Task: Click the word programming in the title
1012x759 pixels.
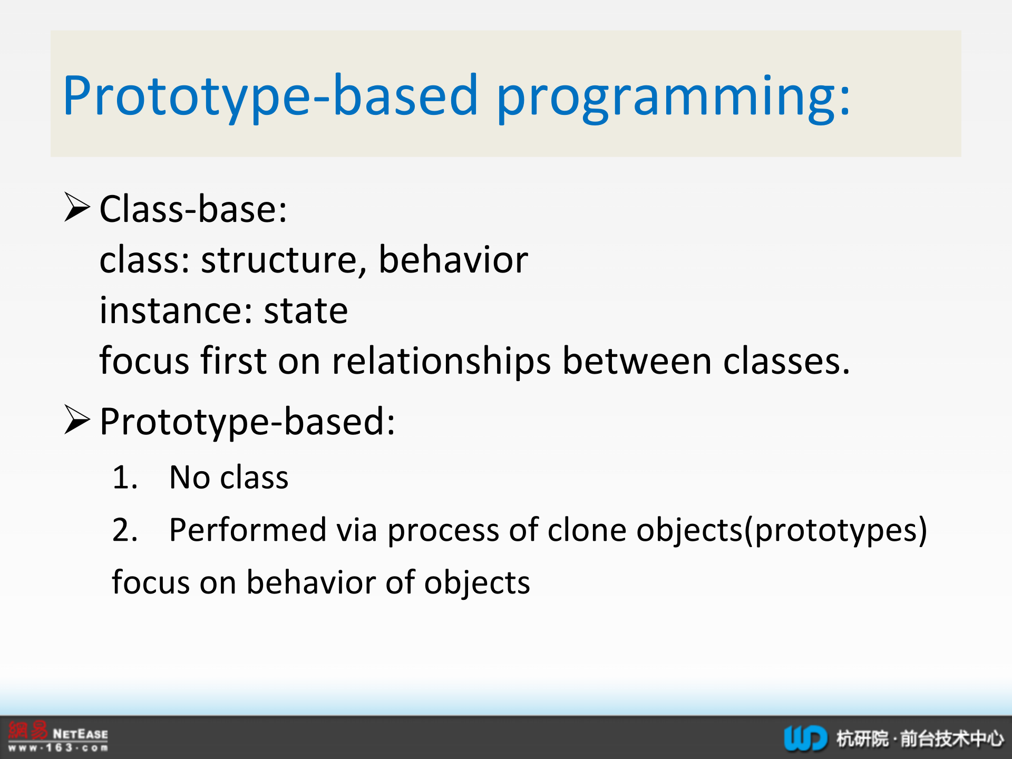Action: [674, 98]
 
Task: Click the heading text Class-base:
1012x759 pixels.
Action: [193, 209]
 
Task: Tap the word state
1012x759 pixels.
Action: [306, 311]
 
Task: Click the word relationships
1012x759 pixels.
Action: [442, 362]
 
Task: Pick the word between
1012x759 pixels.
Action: [637, 361]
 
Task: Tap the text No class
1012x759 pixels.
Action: [229, 478]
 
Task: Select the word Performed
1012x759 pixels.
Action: [248, 529]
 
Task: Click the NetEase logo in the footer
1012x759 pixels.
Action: [58, 736]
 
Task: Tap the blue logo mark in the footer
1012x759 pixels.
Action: [805, 738]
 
